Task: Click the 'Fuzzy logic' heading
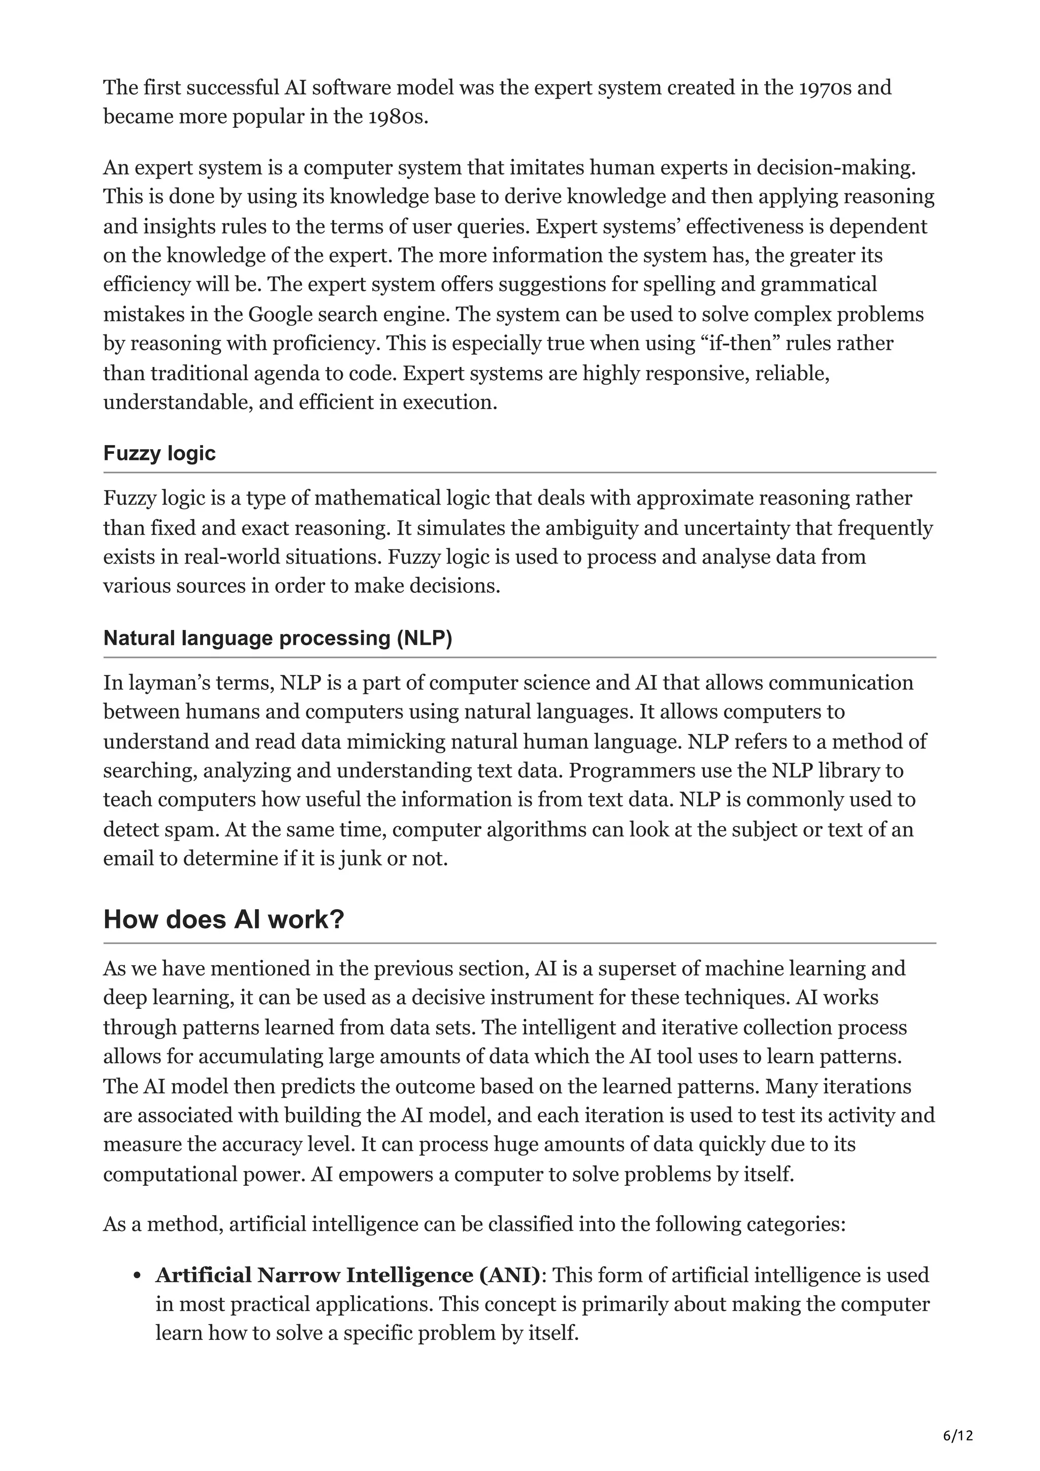(x=159, y=454)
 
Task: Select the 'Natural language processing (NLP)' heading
(x=277, y=638)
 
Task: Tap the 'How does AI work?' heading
(x=223, y=919)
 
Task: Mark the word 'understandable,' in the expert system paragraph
(x=178, y=403)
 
